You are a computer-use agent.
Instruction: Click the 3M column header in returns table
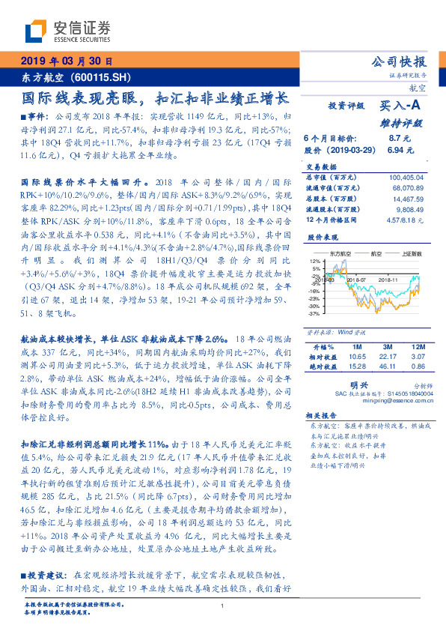coord(387,348)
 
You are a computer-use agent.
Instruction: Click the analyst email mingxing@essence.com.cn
coord(391,400)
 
